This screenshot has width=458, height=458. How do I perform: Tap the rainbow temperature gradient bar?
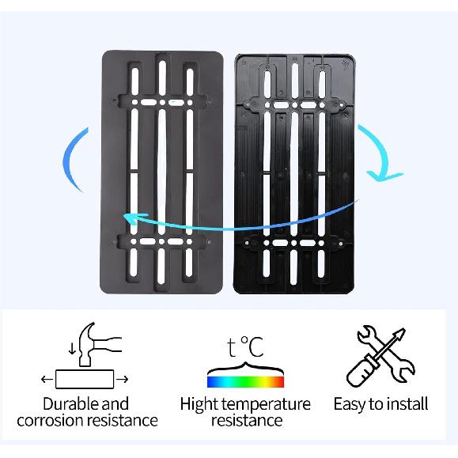tap(245, 382)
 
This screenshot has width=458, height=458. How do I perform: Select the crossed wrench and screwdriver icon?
tap(380, 355)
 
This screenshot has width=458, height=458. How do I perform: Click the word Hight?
tap(199, 405)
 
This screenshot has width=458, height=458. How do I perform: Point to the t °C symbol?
tap(245, 346)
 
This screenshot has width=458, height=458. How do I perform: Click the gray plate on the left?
tap(161, 172)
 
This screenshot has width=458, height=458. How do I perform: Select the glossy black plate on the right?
tap(294, 174)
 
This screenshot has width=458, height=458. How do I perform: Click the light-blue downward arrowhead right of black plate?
tap(383, 176)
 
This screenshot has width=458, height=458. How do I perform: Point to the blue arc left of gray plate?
tap(68, 159)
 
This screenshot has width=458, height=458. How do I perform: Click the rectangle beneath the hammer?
tap(85, 379)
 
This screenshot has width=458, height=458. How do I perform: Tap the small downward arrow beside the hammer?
tap(72, 349)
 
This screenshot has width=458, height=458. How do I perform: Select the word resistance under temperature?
tap(247, 421)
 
